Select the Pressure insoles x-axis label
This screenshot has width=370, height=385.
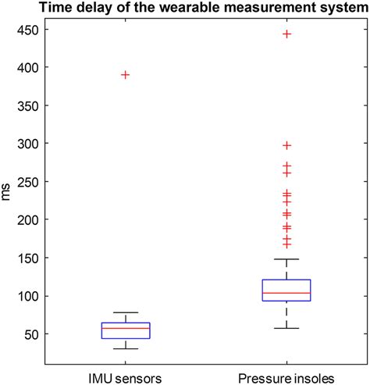[287, 378]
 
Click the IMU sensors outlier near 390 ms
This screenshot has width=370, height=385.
[125, 75]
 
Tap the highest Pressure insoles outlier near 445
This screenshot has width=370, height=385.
[287, 34]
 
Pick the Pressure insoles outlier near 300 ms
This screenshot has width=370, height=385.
[287, 145]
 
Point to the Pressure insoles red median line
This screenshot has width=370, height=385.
[287, 293]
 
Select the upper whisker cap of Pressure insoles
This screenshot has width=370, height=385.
[287, 258]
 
